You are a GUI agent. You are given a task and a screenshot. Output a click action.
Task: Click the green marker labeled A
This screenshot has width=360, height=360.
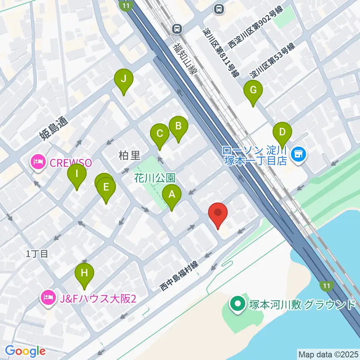click(x=172, y=195)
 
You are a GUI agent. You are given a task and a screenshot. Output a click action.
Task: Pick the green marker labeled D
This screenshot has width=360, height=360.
click(x=282, y=132)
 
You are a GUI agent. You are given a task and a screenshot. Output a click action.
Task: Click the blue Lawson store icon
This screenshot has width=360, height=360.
click(x=299, y=153)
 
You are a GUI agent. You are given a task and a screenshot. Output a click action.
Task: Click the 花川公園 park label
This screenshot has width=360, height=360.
click(x=155, y=177)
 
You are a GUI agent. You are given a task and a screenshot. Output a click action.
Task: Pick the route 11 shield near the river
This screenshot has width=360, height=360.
click(x=326, y=286)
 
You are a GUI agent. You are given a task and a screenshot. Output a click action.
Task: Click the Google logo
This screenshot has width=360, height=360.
click(x=25, y=351)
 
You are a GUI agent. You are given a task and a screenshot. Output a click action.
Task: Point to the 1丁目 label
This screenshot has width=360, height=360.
click(x=37, y=254)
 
